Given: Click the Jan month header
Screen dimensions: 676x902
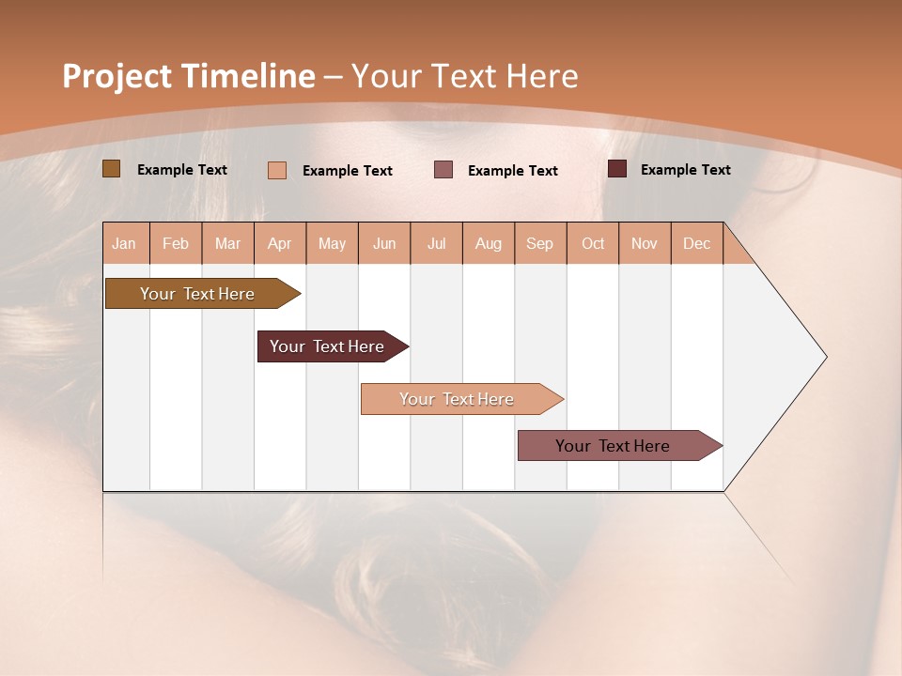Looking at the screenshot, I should coord(125,243).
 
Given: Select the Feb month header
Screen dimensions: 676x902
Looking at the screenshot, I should coord(176,243).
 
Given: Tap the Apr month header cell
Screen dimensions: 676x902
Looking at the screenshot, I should coord(280,243).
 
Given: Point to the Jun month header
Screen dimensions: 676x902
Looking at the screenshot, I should coord(384,243).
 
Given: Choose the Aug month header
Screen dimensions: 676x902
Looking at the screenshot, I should coord(489,243).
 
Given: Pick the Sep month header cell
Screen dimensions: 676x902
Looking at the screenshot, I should coord(540,243).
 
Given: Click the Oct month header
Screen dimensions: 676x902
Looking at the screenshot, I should coord(593,243).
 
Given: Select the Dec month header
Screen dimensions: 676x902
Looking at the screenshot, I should coord(697,243).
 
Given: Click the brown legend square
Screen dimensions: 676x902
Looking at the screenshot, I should coord(111,169).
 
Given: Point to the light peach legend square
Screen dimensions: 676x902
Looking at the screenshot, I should coord(277,170).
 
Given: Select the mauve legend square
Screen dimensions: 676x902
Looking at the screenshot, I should coord(443,170).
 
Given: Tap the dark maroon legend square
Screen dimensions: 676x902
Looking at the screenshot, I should coord(617,169).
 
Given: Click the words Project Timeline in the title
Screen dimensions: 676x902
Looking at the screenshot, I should coord(188,76).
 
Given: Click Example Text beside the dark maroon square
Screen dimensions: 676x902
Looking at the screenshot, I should coord(685,170).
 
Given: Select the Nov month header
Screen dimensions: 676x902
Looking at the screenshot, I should coord(645,243).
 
